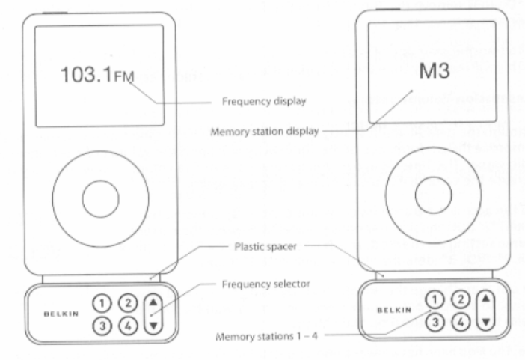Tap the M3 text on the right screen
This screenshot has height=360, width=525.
(x=434, y=72)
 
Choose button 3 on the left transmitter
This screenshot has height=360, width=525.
(x=101, y=326)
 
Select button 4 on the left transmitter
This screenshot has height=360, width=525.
(x=128, y=326)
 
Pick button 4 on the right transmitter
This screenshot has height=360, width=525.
(x=462, y=322)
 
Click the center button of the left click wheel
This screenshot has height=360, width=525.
(x=100, y=198)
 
